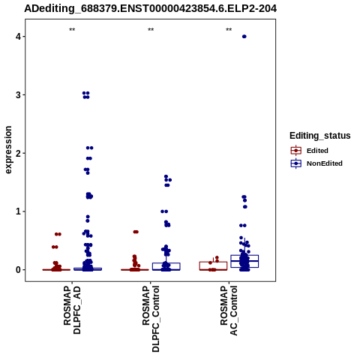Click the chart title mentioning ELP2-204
click(x=151, y=9)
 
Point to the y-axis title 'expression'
click(x=8, y=150)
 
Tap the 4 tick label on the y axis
click(x=18, y=37)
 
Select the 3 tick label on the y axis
click(x=18, y=95)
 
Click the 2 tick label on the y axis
click(x=18, y=153)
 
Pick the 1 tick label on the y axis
click(x=18, y=211)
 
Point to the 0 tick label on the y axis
click(x=18, y=270)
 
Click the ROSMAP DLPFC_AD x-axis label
click(x=72, y=310)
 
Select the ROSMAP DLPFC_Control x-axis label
click(x=151, y=319)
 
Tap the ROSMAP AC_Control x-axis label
click(x=229, y=310)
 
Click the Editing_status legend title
click(x=320, y=136)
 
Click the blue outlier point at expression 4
click(x=244, y=37)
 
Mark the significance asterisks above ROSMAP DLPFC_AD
click(x=72, y=30)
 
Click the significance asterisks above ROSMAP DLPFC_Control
click(x=151, y=30)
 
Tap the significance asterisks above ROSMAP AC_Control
click(x=229, y=30)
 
